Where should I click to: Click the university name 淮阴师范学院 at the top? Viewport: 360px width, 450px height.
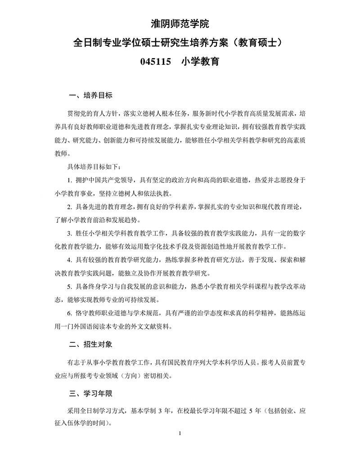180,24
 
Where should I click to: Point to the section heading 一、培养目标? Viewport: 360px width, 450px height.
90,96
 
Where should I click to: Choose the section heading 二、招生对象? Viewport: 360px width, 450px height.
90,344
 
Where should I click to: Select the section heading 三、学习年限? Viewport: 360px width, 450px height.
90,394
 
